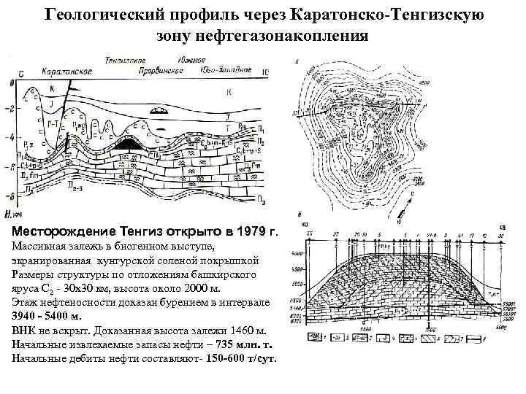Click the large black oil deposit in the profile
click(131, 144)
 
